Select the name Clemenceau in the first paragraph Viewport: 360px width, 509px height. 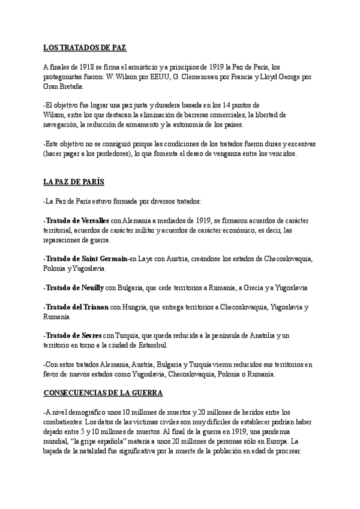[217, 76]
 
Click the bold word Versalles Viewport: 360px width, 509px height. [91, 221]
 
